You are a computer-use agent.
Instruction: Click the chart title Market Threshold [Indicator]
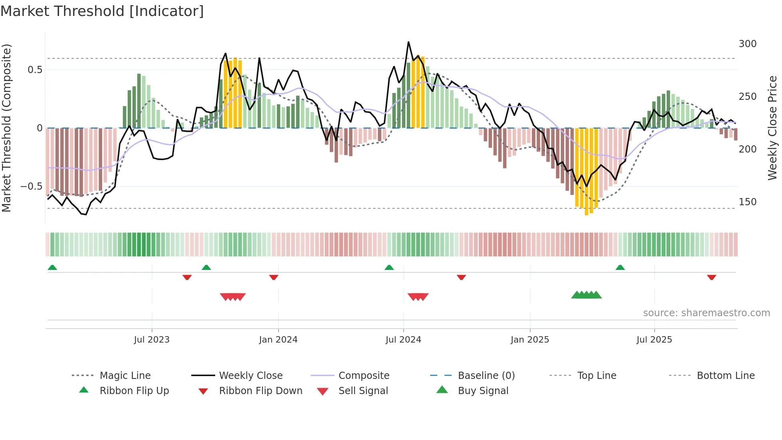(x=102, y=11)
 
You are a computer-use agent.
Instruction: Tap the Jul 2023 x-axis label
(x=152, y=340)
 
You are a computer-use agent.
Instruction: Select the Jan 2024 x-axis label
(x=278, y=340)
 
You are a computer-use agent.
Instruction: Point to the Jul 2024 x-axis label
(x=403, y=340)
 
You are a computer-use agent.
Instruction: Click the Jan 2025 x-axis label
(x=530, y=340)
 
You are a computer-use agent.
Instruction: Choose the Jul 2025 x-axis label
(x=654, y=340)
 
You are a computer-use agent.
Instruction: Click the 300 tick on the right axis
(x=747, y=44)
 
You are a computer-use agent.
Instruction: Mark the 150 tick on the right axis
(x=747, y=202)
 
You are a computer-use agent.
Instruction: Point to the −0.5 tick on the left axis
(x=31, y=186)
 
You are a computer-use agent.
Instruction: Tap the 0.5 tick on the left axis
(x=35, y=70)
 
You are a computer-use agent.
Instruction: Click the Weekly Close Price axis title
(x=772, y=128)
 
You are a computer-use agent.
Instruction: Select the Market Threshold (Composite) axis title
(x=6, y=128)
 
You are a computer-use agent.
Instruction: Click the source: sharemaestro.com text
(x=706, y=313)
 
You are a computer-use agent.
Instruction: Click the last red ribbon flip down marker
(x=711, y=277)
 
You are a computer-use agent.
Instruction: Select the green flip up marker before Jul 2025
(x=620, y=268)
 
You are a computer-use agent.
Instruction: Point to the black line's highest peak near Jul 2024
(x=409, y=42)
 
